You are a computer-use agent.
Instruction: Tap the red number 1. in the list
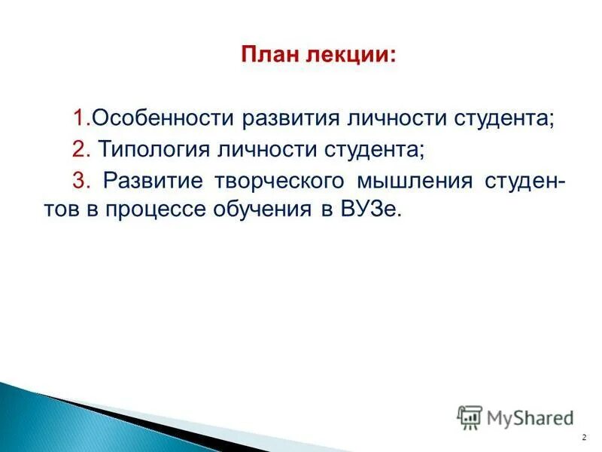(x=82, y=118)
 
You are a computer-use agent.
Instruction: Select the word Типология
(x=150, y=150)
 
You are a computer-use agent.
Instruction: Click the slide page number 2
(x=584, y=438)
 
